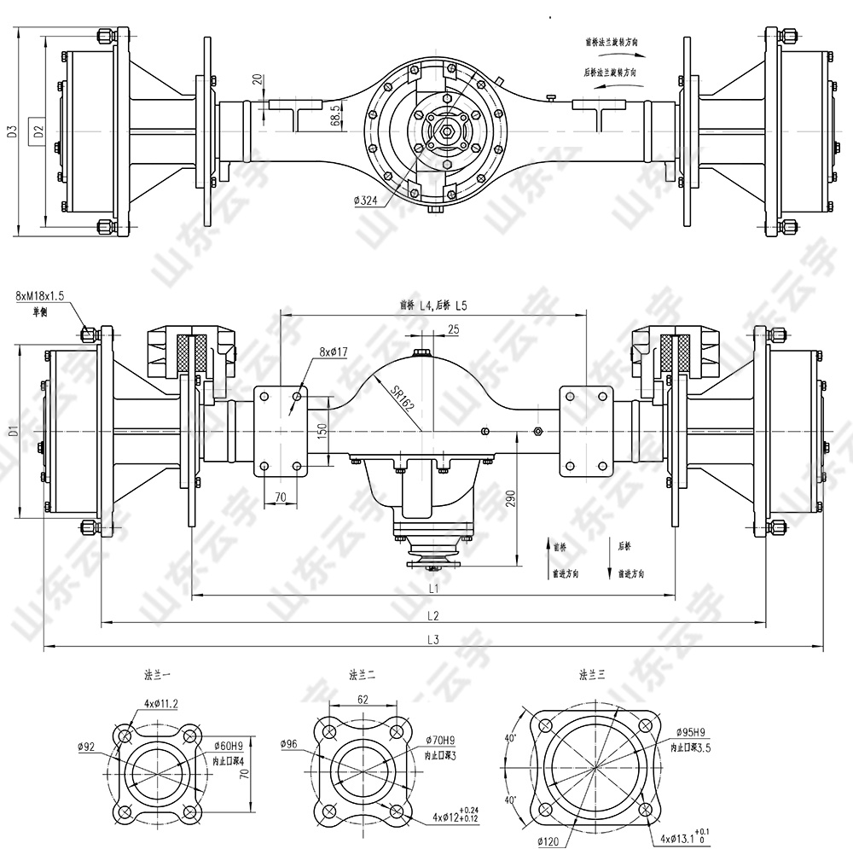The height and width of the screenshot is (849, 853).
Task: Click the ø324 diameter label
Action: [x=365, y=201]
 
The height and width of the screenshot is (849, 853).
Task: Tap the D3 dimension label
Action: [x=12, y=131]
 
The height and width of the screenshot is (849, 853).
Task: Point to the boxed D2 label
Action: [x=38, y=131]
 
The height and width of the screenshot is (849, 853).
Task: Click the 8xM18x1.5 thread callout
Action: [x=40, y=295]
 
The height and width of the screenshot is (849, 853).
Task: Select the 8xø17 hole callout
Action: [x=334, y=352]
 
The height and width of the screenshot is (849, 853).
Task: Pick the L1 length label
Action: [x=432, y=588]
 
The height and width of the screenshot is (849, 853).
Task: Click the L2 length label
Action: [x=432, y=615]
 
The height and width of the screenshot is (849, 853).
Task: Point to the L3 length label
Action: [x=432, y=640]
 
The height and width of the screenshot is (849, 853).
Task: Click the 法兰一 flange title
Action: [x=158, y=674]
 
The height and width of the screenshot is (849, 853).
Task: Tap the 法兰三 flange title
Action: [x=592, y=674]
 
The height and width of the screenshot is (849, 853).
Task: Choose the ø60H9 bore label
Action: [x=228, y=747]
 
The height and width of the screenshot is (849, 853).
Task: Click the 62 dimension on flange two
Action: [x=363, y=698]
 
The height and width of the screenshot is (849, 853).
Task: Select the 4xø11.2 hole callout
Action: [x=160, y=703]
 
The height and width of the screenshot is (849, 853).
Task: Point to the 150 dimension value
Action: [x=322, y=430]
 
